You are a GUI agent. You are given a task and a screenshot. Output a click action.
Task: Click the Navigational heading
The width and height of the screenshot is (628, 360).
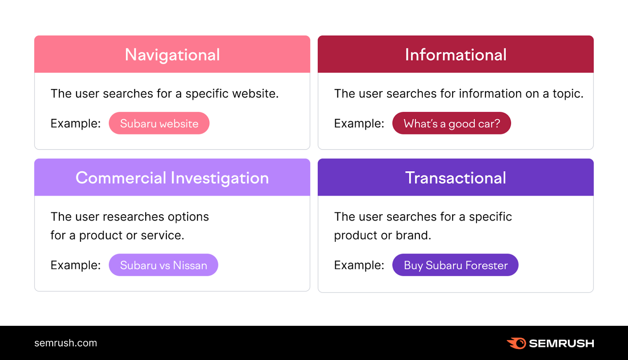(x=172, y=55)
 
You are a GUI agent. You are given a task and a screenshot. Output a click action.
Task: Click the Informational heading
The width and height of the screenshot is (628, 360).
(x=455, y=55)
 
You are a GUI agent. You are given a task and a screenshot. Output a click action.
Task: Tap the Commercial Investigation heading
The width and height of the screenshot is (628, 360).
(x=172, y=178)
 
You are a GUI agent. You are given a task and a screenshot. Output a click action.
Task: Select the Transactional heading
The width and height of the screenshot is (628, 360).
(x=455, y=178)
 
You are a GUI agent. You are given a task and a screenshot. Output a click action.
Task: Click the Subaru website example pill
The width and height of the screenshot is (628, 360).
(x=159, y=123)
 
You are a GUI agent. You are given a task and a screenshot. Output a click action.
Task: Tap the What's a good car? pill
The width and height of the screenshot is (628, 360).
(x=451, y=123)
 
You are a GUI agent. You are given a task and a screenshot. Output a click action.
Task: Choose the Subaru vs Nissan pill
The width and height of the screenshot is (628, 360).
(x=163, y=265)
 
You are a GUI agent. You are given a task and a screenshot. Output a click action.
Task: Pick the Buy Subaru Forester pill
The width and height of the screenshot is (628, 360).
(x=455, y=265)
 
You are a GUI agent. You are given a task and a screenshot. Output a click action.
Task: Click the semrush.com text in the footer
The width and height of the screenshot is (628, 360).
(x=66, y=343)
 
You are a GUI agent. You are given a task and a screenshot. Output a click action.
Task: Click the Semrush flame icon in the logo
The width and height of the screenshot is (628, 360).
(x=517, y=343)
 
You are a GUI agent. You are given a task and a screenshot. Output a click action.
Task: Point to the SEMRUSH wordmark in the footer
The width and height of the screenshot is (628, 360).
(x=561, y=344)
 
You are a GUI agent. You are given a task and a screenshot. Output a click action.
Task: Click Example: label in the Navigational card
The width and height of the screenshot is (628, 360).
(x=75, y=124)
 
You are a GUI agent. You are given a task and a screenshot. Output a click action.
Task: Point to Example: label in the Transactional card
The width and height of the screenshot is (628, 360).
(x=359, y=265)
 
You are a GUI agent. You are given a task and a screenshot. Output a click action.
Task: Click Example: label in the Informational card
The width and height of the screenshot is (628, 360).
(x=359, y=124)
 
